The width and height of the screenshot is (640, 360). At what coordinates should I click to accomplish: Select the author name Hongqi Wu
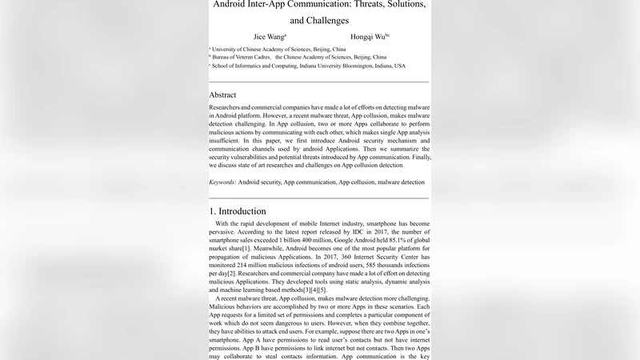tap(369, 37)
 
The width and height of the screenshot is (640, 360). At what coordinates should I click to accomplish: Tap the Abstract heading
tap(222, 94)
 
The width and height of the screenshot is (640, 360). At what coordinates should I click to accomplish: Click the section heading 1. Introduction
tap(238, 211)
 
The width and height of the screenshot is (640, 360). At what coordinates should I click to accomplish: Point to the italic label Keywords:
tap(222, 182)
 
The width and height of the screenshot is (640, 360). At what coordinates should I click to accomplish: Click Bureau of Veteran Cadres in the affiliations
tap(243, 58)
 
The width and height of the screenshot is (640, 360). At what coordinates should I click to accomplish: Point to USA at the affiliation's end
tap(399, 66)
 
